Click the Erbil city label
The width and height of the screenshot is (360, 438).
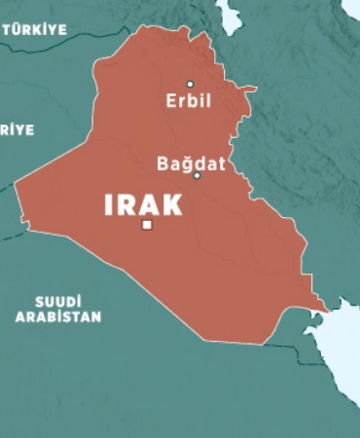(189, 101)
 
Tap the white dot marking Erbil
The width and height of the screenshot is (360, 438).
(190, 84)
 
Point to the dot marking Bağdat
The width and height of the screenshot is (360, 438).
(197, 176)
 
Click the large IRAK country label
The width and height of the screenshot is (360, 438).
(143, 204)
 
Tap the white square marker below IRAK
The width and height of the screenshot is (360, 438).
(147, 225)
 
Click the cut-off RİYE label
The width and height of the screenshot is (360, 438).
(17, 128)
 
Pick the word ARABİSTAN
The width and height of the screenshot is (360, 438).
(57, 316)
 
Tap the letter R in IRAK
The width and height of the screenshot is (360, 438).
(126, 204)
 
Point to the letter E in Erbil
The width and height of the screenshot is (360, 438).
(171, 101)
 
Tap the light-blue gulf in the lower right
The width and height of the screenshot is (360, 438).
(342, 336)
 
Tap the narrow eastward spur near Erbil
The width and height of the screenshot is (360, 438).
(248, 90)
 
